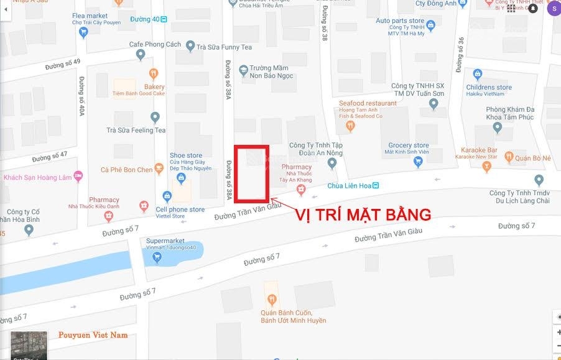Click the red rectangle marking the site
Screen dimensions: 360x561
click(251, 173)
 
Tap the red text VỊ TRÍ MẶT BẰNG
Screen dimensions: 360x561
click(363, 215)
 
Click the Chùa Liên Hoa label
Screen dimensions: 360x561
click(349, 186)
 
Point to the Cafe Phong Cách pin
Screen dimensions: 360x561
click(140, 55)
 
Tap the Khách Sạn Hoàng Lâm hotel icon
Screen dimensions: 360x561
click(78, 177)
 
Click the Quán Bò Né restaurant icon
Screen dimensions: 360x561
click(509, 157)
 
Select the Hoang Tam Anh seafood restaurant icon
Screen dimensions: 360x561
click(350, 126)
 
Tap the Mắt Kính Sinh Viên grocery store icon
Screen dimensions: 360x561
click(418, 162)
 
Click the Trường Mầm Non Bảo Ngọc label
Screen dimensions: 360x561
click(272, 72)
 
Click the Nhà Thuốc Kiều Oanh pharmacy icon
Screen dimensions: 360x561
click(109, 216)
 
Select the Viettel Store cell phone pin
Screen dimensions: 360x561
click(167, 196)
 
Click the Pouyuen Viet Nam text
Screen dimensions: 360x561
click(93, 335)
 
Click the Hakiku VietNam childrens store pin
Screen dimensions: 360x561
click(477, 75)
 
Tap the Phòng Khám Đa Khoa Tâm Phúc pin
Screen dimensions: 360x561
click(497, 127)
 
